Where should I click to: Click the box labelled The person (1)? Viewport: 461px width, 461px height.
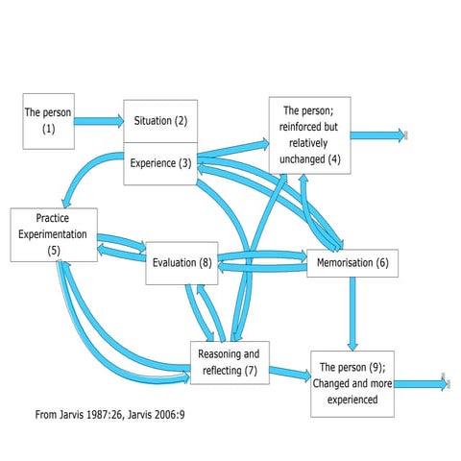49,121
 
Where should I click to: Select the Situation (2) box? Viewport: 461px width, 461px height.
160,121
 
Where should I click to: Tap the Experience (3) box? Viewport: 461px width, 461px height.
160,163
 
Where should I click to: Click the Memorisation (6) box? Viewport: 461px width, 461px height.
352,263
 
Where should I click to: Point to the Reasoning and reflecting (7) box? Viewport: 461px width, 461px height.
229,362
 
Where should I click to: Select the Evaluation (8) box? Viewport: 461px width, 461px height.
182,263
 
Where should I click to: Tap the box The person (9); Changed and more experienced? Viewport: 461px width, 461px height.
352,382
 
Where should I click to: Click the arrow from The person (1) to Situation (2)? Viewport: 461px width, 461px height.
99,121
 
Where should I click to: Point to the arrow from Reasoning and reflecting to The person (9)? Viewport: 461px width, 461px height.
288,373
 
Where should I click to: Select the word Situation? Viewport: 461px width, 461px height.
152,121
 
